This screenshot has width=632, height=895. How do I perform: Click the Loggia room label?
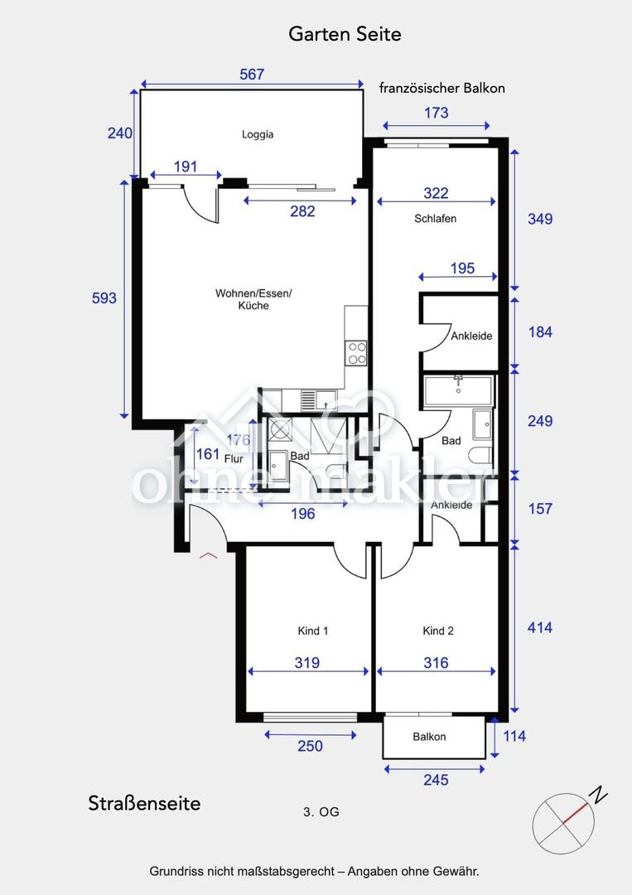[x=258, y=135]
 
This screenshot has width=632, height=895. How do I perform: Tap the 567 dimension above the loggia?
[x=252, y=75]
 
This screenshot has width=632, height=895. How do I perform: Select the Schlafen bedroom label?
[x=435, y=219]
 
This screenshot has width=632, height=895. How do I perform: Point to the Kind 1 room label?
[x=312, y=631]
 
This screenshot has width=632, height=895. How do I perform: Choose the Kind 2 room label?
[x=438, y=631]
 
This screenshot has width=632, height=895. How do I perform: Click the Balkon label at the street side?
[x=429, y=737]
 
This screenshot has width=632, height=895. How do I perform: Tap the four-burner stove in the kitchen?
[x=357, y=353]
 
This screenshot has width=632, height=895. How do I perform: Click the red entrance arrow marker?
[x=208, y=555]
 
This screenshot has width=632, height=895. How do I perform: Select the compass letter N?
[x=598, y=795]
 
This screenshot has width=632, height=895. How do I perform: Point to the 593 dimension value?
[x=104, y=298]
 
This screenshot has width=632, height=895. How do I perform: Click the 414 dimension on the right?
[x=539, y=628]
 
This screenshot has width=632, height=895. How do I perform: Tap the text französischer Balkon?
[x=442, y=89]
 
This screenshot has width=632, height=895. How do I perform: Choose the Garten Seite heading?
[x=345, y=34]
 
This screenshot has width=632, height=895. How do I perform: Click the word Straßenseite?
[x=144, y=804]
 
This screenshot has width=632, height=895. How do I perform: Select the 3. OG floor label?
[x=321, y=811]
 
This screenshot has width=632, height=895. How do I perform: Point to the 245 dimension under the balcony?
[x=436, y=780]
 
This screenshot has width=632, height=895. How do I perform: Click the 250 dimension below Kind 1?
[x=310, y=746]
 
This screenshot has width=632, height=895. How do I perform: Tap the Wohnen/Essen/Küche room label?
[x=253, y=299]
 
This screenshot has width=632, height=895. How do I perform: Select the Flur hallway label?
[x=234, y=459]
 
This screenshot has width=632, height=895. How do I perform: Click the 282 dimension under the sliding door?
[x=302, y=212]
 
